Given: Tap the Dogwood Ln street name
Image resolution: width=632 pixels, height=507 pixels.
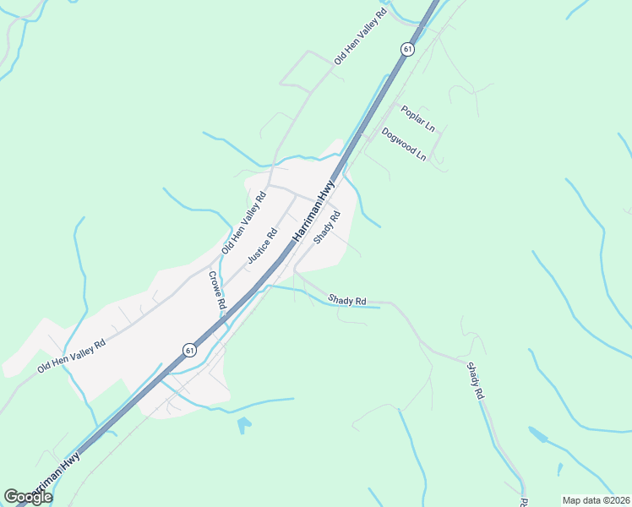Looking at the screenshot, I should coord(404,144).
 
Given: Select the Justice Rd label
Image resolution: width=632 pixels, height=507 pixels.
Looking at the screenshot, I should coord(262,246).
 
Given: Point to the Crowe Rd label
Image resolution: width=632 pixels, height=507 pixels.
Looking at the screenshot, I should coord(217,290).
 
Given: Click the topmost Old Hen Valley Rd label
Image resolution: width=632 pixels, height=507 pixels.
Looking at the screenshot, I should coord(361,38).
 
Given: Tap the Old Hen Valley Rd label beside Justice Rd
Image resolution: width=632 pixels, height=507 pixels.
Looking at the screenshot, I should coord(243,223).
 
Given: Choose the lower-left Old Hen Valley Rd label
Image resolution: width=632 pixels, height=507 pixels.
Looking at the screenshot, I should coord(72,357).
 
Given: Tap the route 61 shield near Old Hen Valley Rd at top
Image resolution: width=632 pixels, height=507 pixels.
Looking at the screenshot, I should coord(409,50).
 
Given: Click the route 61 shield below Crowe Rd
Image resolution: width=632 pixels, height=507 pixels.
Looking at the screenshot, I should coord(190,350).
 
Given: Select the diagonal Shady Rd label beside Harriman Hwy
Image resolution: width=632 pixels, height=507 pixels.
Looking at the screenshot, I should coord(327,227).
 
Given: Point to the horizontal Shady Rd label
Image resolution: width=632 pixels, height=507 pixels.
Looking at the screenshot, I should coord(348,300).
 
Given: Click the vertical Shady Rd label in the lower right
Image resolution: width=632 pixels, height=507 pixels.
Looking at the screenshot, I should coord(476,380).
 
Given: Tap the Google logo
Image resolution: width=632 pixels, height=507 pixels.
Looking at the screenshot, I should coord(28,497).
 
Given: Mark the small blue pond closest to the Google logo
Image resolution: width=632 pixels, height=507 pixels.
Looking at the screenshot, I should coord(244,424).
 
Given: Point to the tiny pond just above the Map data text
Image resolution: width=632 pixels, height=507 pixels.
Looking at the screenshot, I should coord(559,469).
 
